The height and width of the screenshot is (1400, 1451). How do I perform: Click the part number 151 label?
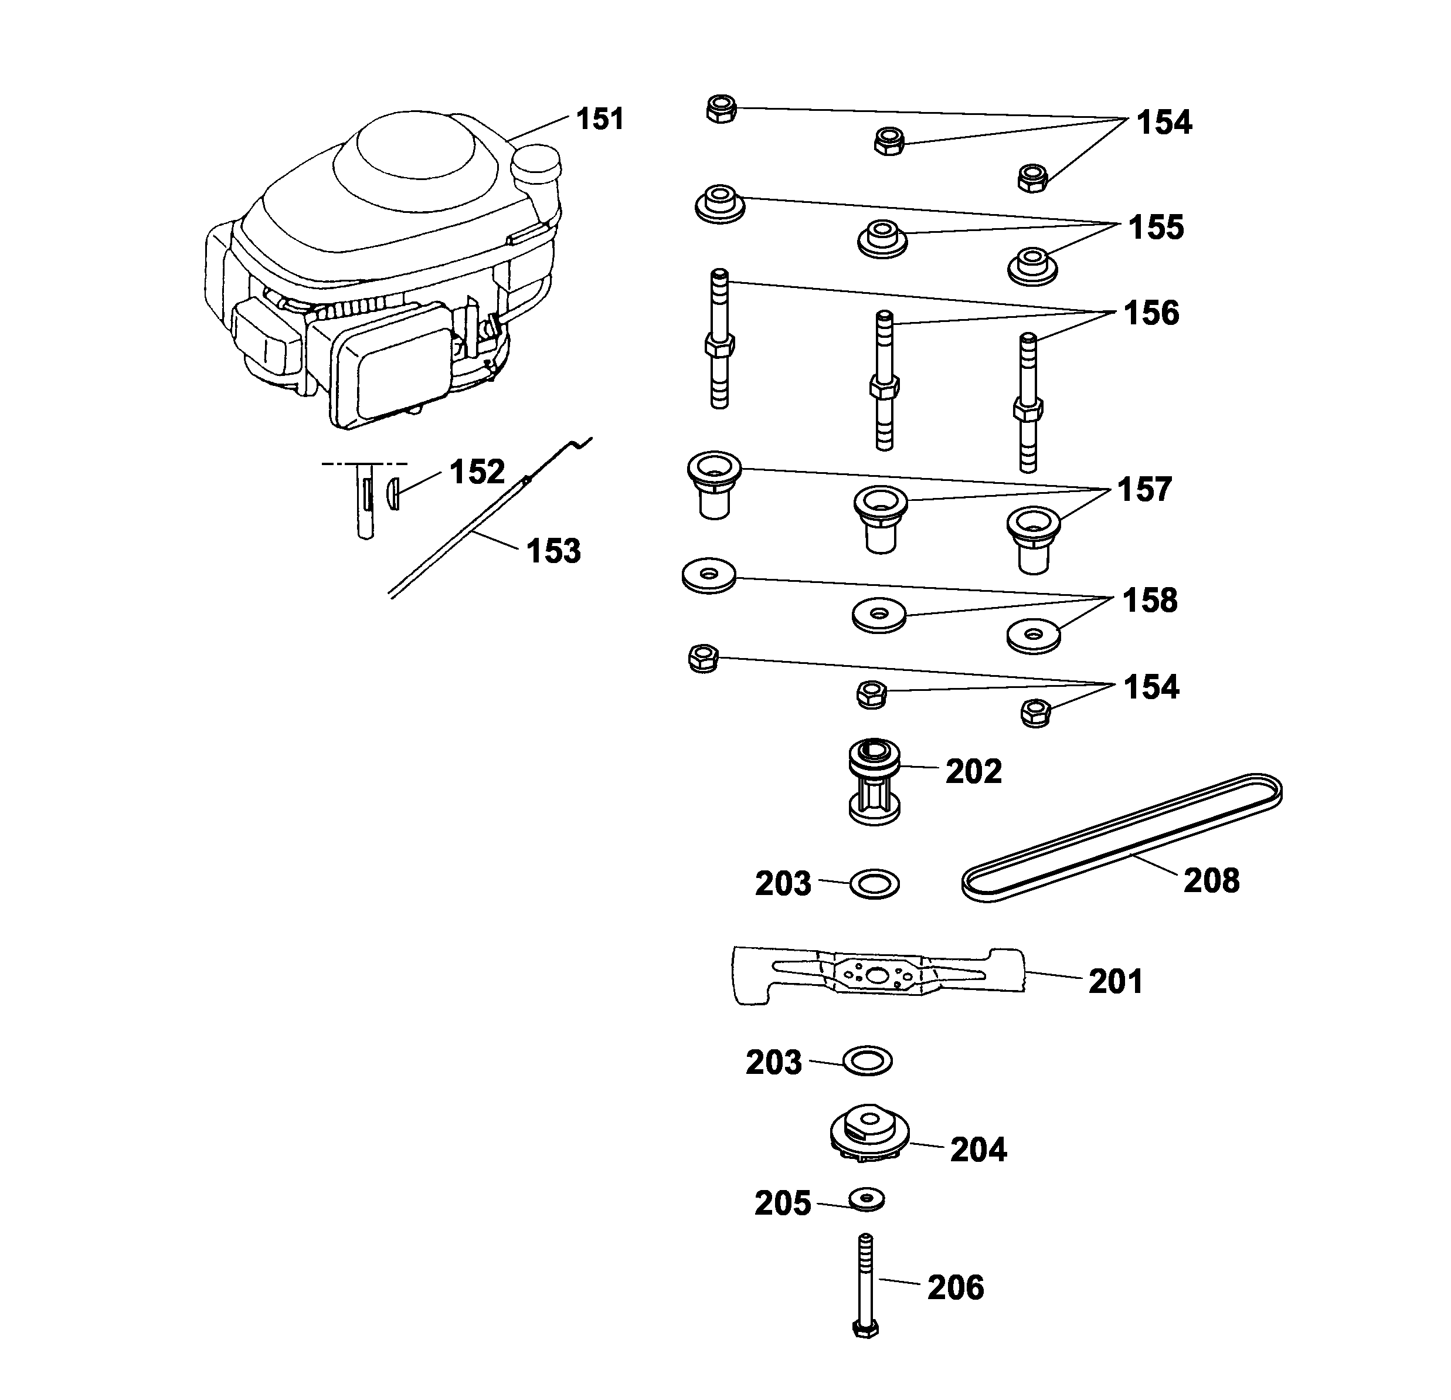600,119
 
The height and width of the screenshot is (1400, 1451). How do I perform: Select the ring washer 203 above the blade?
874,884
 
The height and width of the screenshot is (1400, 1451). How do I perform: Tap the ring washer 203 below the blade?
868,1061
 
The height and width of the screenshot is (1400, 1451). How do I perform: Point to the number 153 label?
554,552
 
